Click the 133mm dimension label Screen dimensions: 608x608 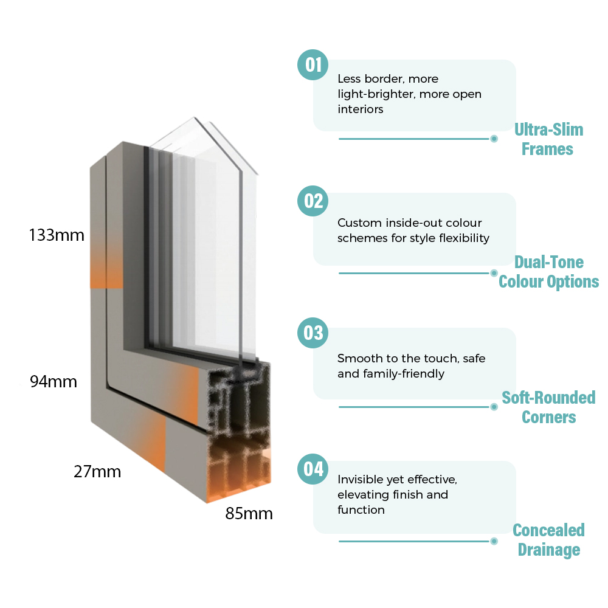click(57, 235)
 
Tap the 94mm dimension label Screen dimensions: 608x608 click(54, 382)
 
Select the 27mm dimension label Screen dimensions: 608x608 click(97, 472)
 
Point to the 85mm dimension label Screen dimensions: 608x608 click(249, 513)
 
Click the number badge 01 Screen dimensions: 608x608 click(313, 65)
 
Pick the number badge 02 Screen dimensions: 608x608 click(313, 201)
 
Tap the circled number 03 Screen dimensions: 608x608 click(313, 333)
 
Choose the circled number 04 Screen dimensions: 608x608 click(313, 469)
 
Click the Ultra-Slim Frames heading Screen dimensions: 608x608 click(548, 139)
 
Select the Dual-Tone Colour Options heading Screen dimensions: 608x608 click(548, 272)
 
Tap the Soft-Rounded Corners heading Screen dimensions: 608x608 click(548, 407)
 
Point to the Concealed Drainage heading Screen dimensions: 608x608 click(548, 540)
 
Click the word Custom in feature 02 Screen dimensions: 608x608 click(354, 223)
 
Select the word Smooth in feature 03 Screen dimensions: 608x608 click(355, 358)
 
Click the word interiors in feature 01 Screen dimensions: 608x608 click(360, 109)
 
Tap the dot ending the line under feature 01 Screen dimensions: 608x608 click(494, 139)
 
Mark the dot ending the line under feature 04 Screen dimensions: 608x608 click(494, 541)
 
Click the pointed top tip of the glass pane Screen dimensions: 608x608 click(195, 117)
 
